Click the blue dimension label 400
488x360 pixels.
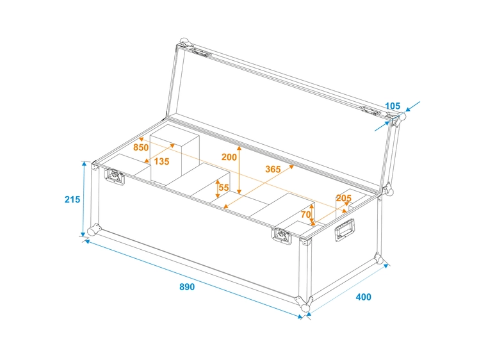pos(363,297)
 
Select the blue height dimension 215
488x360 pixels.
pos(72,200)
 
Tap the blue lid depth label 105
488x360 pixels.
pos(393,106)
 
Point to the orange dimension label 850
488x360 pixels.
pos(141,147)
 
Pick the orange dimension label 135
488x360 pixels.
pos(161,162)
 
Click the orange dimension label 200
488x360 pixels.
pos(229,157)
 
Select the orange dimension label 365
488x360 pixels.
pos(273,169)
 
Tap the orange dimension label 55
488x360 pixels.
pos(224,188)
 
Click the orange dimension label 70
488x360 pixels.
pos(305,214)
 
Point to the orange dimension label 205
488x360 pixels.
pos(344,199)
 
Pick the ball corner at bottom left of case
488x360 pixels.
pos(94,230)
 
